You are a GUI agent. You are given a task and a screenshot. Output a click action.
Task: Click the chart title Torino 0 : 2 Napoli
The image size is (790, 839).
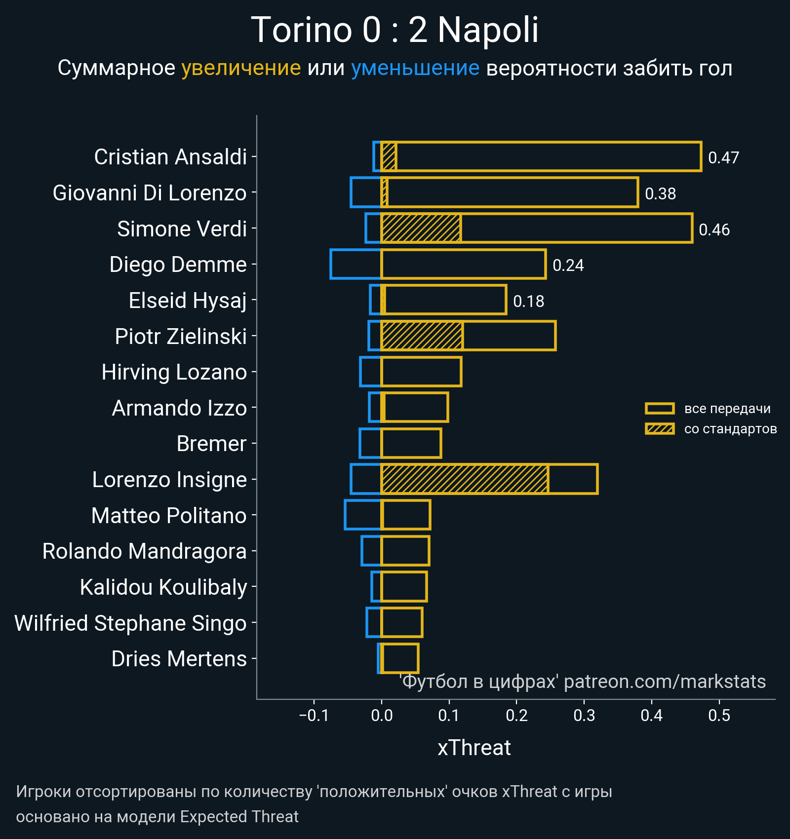[395, 30]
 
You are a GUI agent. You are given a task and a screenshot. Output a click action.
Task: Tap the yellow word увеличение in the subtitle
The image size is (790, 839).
[241, 68]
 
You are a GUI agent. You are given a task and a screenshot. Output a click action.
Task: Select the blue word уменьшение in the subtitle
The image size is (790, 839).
[415, 68]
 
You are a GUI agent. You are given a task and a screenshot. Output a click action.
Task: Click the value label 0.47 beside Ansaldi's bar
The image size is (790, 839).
[723, 157]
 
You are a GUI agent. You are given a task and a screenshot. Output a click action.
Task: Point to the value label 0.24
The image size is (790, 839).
[568, 266]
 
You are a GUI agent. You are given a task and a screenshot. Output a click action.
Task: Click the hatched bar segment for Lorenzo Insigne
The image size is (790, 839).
[464, 479]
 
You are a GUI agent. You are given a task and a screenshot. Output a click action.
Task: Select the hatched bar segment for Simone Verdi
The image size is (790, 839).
[421, 228]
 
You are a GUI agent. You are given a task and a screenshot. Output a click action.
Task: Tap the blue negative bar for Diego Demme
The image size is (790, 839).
[355, 265]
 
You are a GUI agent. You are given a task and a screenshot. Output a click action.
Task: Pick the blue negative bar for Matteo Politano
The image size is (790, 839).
[363, 515]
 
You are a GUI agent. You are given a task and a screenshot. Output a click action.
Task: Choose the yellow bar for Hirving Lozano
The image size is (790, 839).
[421, 372]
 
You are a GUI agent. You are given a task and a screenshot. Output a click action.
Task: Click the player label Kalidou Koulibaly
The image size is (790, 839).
[163, 587]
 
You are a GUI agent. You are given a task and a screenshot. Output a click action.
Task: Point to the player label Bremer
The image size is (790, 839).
[211, 444]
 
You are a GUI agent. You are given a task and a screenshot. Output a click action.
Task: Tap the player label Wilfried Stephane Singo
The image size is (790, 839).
[130, 623]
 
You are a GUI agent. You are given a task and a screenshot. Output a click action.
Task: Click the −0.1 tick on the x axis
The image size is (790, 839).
[314, 715]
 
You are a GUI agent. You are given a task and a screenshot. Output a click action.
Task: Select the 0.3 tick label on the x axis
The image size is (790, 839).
[584, 715]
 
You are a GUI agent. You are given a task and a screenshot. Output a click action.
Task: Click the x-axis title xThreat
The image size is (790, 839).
[474, 748]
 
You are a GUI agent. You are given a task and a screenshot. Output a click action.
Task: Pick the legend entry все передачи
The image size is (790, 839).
[727, 409]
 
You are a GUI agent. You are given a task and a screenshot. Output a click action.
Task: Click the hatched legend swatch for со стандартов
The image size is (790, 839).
[660, 429]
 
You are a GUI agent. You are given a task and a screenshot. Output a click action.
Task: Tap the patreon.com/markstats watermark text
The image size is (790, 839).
[665, 682]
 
